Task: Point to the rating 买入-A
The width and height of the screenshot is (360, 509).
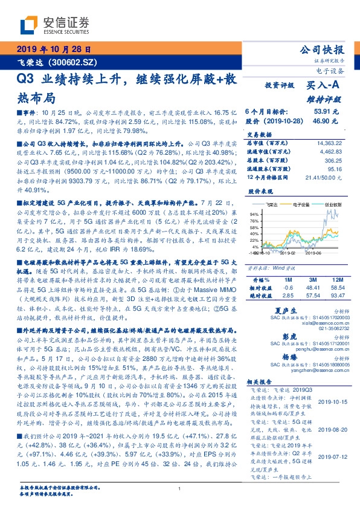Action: coord(324,86)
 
